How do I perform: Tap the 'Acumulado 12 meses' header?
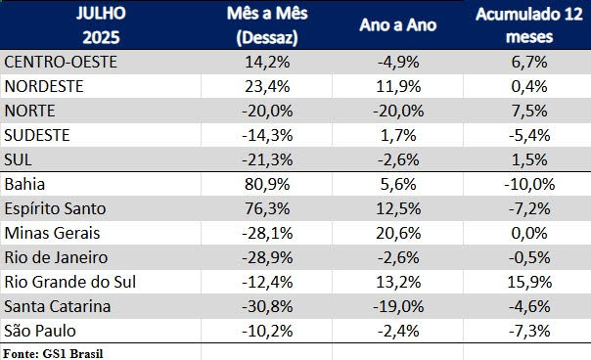click(x=523, y=26)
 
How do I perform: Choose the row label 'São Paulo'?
click(x=40, y=331)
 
